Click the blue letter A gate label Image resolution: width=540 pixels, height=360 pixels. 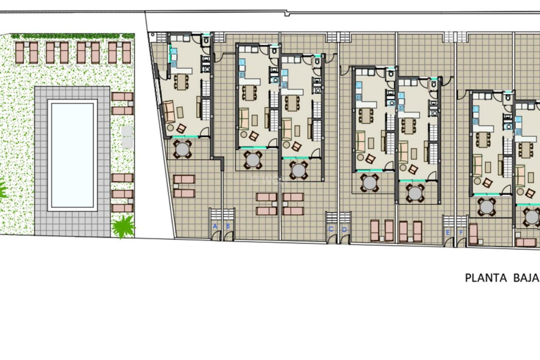click(x=215, y=226)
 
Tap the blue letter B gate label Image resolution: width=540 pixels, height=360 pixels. click(x=228, y=226)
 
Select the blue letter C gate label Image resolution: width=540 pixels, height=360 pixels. click(x=331, y=229)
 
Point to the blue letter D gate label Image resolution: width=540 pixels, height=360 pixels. click(x=344, y=230)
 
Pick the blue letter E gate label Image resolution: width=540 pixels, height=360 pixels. click(x=448, y=233)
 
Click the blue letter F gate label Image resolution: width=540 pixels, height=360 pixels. click(x=461, y=233)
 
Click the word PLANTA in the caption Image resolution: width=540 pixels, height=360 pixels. click(x=486, y=278)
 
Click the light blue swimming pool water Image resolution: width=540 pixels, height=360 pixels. click(x=72, y=155)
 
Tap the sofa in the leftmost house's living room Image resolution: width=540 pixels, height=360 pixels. click(x=169, y=112)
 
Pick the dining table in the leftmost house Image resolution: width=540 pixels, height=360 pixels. click(x=181, y=82)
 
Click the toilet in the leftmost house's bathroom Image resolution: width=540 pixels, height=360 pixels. click(x=206, y=41)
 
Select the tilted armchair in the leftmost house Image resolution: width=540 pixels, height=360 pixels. click(x=181, y=129)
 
